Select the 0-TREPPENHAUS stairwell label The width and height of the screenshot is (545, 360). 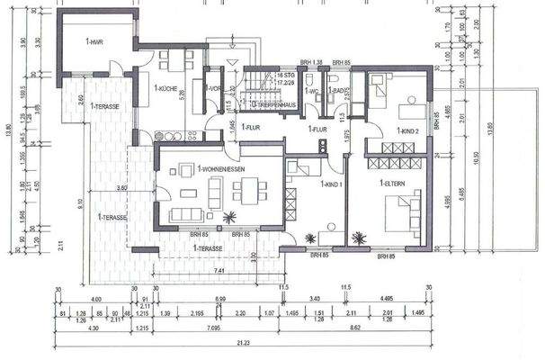click(272, 105)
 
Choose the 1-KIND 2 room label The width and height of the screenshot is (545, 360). click(400, 131)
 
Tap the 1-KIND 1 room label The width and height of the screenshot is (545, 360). click(332, 184)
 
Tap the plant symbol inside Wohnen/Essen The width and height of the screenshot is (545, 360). click(230, 217)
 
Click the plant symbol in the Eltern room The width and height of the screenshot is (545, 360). click(360, 238)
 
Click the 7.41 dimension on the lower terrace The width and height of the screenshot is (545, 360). click(219, 269)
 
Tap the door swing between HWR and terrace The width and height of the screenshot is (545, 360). click(115, 67)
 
